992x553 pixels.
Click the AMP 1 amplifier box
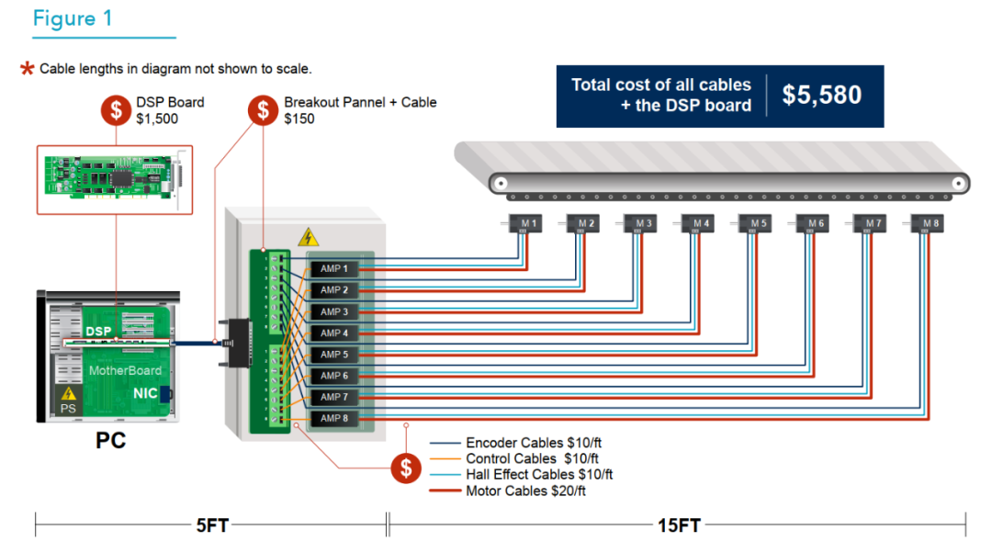(x=333, y=269)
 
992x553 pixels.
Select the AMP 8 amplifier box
(x=333, y=419)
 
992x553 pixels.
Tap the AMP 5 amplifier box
(x=333, y=355)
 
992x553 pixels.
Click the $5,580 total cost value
(x=822, y=96)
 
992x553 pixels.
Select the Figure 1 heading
(x=78, y=18)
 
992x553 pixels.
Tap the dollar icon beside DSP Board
(x=116, y=110)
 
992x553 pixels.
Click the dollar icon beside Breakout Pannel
(x=264, y=110)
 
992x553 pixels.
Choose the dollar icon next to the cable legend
(x=406, y=468)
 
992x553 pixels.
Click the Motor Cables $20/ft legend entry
(x=525, y=491)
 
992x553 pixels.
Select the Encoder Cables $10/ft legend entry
(x=532, y=443)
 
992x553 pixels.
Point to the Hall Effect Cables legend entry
(x=538, y=475)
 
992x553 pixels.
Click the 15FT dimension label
(x=679, y=525)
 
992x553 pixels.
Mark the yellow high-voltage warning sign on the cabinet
(x=309, y=238)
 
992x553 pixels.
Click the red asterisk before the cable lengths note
(x=28, y=69)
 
